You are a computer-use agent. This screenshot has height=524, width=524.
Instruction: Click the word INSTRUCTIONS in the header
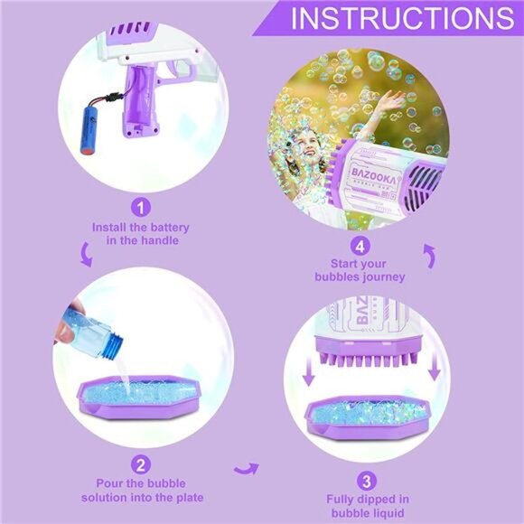click(402, 19)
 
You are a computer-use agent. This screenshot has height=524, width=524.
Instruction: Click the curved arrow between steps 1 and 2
click(87, 255)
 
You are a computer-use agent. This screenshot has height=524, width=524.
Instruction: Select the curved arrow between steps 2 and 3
click(246, 467)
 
